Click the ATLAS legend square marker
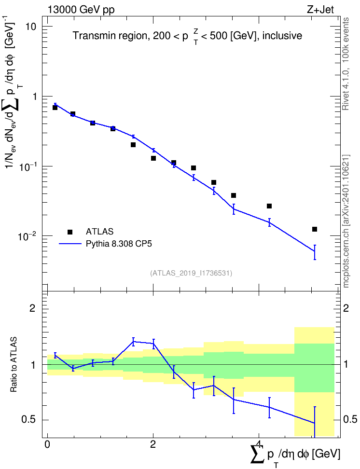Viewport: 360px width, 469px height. pos(70,232)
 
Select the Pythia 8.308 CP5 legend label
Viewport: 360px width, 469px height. pos(119,244)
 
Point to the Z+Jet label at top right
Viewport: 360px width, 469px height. pos(320,10)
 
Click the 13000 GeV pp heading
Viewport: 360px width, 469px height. pos(81,10)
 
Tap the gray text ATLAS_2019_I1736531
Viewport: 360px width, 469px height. pos(191,273)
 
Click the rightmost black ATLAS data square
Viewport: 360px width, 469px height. pos(315,229)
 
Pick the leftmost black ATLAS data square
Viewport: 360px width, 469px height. pos(55,108)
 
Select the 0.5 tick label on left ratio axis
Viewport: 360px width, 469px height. pos(29,420)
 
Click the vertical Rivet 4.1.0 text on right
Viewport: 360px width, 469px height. pos(346,64)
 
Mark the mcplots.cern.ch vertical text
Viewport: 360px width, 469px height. pos(346,221)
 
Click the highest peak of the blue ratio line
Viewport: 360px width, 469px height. pos(133,341)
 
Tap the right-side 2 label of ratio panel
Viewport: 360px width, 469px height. pos(346,308)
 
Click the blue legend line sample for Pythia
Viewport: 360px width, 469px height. pos(70,244)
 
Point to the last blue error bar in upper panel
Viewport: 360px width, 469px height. pos(315,252)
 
